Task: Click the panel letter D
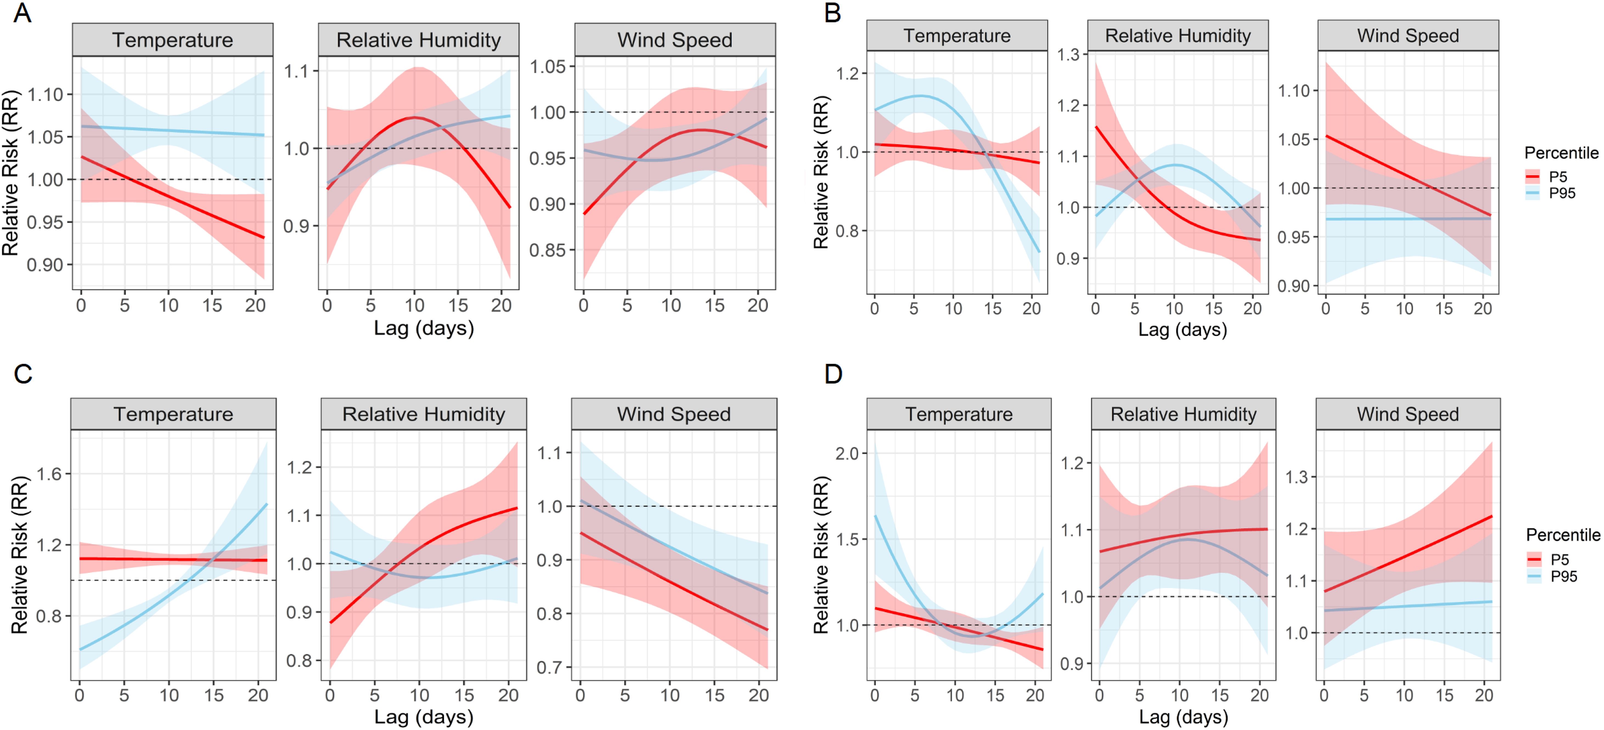coord(833,374)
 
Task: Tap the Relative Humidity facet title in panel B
coord(1177,36)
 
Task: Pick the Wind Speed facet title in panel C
coord(674,415)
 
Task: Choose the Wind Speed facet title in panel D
coord(1408,415)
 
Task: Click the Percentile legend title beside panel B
coord(1561,153)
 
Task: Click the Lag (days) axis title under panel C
coord(423,717)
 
